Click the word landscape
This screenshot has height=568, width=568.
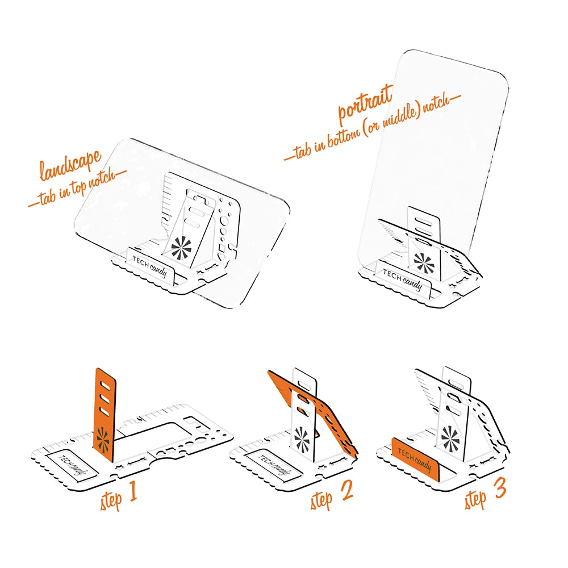pos(70,165)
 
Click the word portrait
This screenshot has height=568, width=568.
pos(365,105)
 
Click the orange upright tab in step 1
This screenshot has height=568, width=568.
pos(105,415)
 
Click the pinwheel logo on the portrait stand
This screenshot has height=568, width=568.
pos(424,262)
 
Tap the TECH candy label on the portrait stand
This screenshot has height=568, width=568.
pos(402,279)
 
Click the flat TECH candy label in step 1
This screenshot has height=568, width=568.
pos(72,466)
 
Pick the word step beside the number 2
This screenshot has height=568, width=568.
pos(320,499)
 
